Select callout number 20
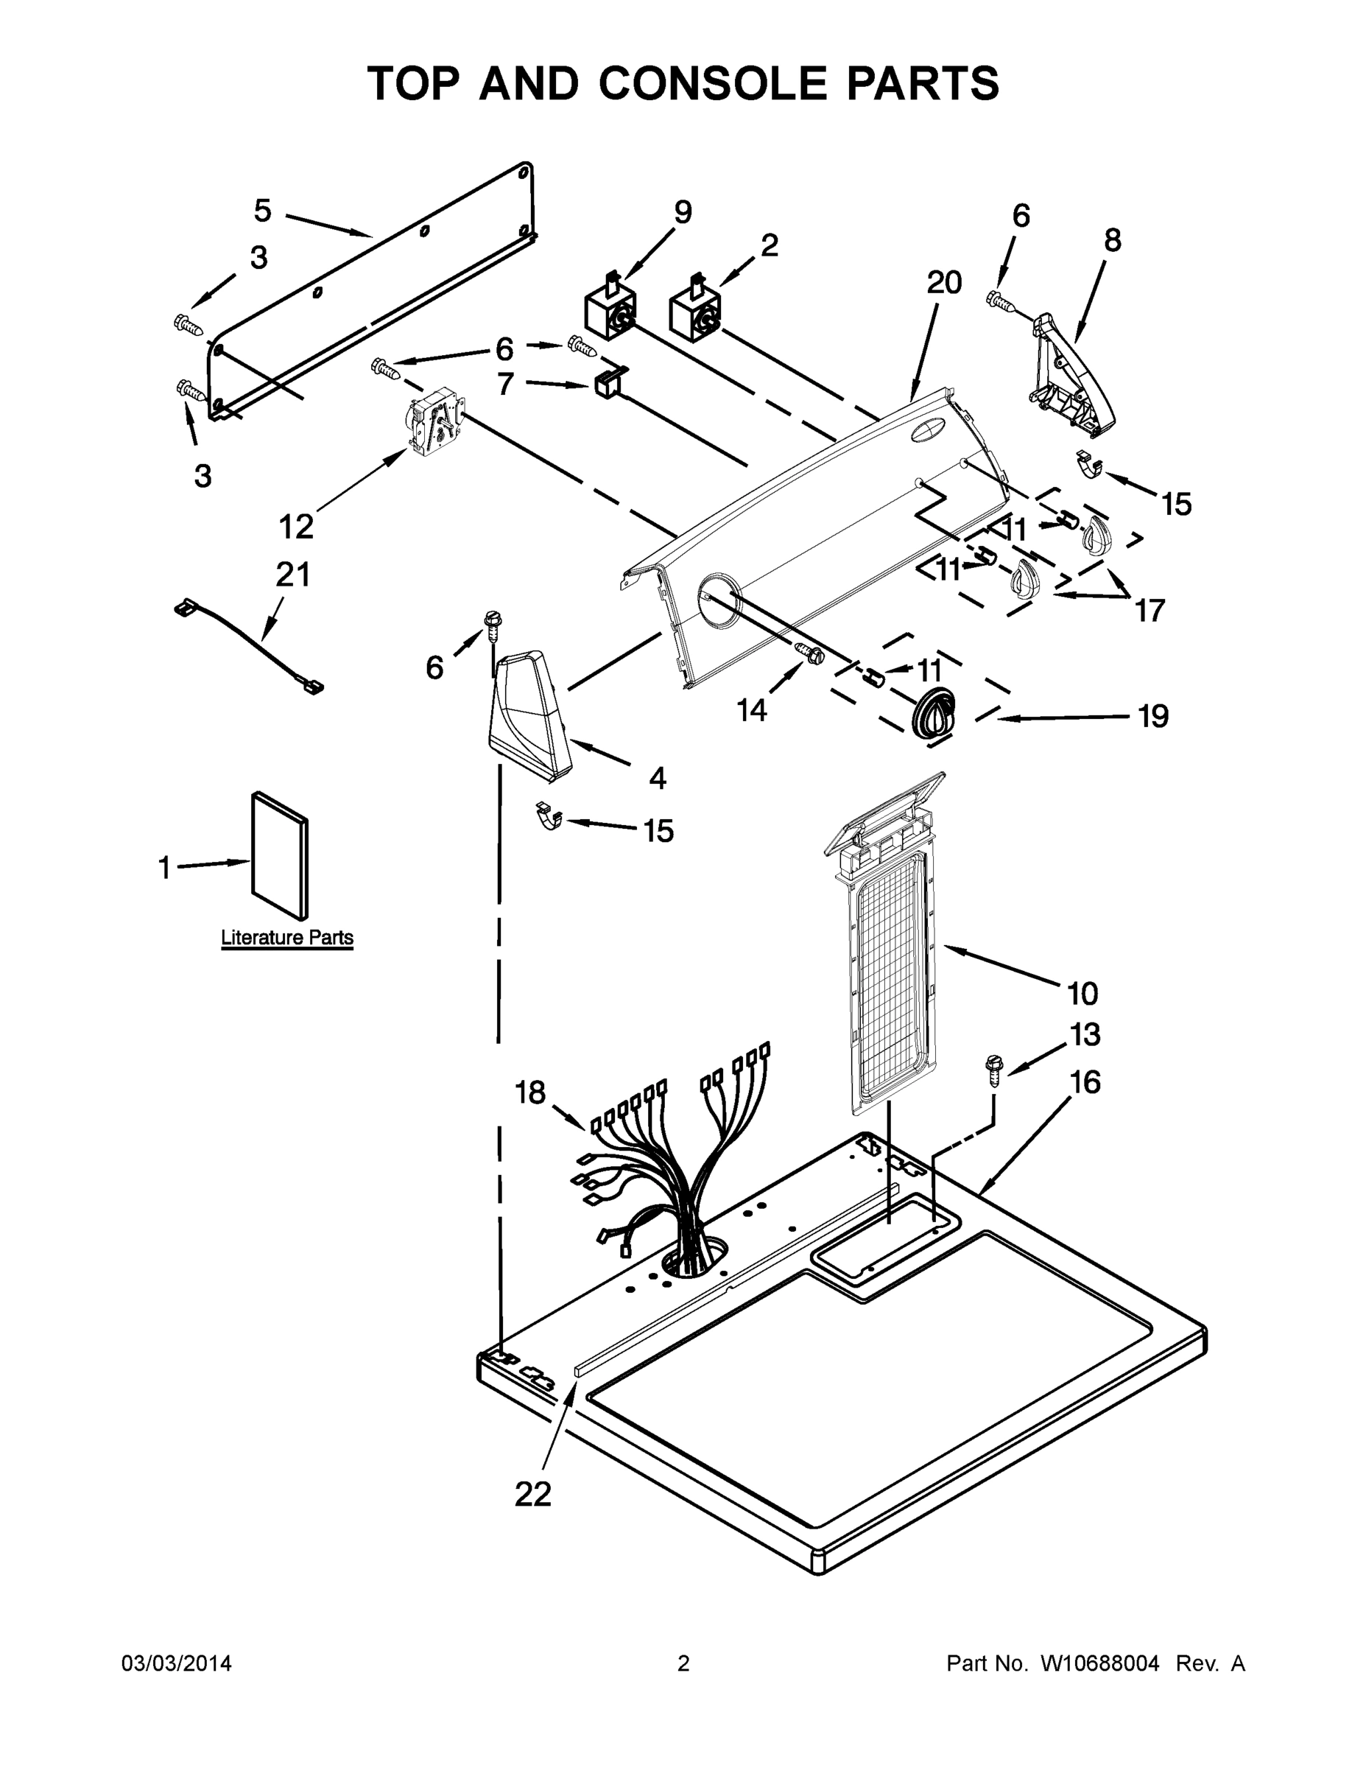pos(943,283)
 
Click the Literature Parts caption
pos(287,938)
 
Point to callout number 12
pos(296,527)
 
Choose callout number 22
pos(532,1493)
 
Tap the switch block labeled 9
pos(608,312)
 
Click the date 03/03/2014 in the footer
pos(177,1663)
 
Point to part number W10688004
pos(1099,1663)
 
